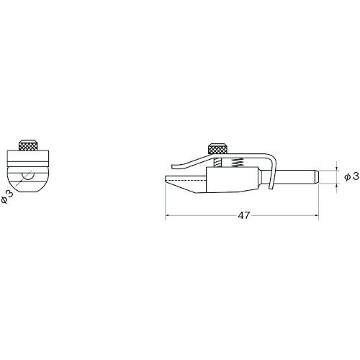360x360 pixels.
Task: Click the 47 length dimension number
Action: pos(244,215)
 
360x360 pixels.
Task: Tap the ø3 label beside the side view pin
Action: pos(352,176)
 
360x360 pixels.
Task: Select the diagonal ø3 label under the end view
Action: pos(7,196)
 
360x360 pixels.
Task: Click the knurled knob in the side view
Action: pos(218,149)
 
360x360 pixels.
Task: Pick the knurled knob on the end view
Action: pos(28,145)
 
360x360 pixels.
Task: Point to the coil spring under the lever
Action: pos(238,163)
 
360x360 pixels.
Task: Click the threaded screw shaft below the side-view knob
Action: pos(217,163)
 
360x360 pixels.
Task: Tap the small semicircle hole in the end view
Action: pos(28,176)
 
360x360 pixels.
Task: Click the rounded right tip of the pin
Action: pos(317,177)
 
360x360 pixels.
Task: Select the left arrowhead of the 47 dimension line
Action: pos(168,215)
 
